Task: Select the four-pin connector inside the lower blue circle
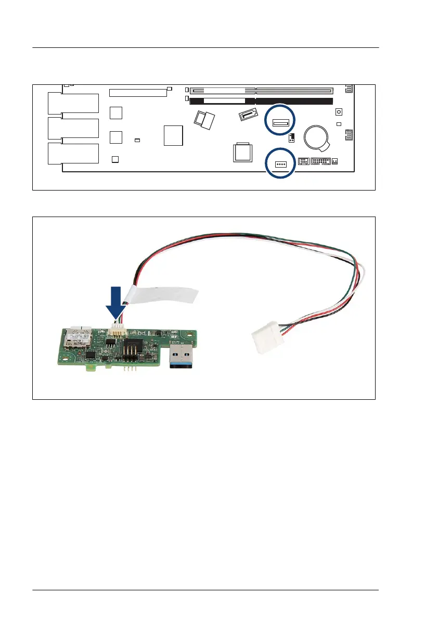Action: (280, 163)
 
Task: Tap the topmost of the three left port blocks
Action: (73, 104)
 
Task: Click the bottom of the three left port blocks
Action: (73, 154)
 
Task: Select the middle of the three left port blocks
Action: (73, 129)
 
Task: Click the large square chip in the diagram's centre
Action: (173, 135)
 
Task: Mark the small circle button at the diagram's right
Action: (339, 112)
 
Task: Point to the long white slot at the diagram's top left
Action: (138, 93)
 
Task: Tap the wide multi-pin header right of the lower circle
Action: (320, 161)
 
